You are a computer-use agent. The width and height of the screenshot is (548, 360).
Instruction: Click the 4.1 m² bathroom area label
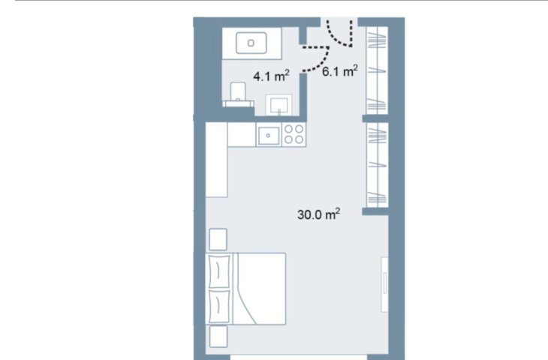(271, 76)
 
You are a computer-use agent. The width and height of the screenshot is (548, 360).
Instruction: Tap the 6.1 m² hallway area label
(340, 71)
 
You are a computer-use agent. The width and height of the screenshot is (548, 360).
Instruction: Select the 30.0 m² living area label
(318, 214)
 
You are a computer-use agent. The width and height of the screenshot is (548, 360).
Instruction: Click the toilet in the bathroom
(239, 94)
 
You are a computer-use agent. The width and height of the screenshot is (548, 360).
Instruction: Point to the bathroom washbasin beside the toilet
(279, 104)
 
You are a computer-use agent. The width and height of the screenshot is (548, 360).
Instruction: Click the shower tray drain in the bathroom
(251, 43)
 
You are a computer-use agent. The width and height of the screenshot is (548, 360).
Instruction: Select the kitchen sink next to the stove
(269, 136)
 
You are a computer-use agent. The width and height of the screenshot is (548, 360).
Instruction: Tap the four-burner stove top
(294, 134)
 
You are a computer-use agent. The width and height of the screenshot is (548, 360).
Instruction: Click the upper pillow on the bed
(219, 271)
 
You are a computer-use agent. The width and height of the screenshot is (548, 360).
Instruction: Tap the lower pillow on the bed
(219, 306)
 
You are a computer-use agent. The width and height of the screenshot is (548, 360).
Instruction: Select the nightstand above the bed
(218, 239)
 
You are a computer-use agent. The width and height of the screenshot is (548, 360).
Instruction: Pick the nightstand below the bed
(218, 337)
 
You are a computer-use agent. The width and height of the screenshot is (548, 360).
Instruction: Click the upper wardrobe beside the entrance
(377, 70)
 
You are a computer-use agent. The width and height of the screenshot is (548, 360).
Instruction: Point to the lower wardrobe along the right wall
(377, 165)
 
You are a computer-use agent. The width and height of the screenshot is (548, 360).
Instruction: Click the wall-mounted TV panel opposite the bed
(385, 284)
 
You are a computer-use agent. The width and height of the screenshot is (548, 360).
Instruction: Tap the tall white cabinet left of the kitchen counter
(217, 160)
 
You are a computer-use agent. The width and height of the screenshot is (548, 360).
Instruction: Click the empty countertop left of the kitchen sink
(242, 134)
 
